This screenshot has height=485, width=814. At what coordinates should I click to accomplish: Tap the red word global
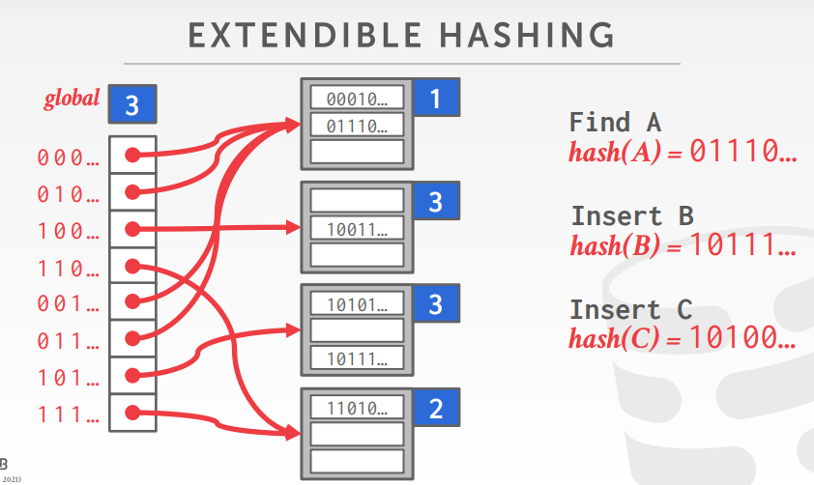coord(72,100)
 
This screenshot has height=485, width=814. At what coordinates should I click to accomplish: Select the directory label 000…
coord(68,157)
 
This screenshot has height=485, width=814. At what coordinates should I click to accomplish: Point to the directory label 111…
coord(68,415)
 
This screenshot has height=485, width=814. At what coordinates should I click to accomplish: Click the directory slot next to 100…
coord(132,230)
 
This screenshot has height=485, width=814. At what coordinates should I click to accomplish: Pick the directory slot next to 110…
coord(132,267)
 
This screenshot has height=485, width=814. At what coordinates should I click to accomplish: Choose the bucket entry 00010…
coord(356,100)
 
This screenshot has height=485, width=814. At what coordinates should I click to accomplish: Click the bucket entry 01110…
coord(356,125)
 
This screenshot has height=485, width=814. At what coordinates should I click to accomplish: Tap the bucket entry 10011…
coord(356,229)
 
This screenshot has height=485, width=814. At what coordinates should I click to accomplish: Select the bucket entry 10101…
coord(356,303)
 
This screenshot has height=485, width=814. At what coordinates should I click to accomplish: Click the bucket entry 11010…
coord(356,408)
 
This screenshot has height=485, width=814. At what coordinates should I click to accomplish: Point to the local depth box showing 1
coord(435,99)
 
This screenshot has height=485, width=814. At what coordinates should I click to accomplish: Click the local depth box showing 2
coord(435,409)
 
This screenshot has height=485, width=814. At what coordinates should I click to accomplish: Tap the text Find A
coord(615,123)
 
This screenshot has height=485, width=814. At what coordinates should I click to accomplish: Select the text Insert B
coord(631,215)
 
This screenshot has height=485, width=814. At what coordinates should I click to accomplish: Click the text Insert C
coord(631,310)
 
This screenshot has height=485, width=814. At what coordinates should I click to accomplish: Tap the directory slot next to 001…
coord(132,303)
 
